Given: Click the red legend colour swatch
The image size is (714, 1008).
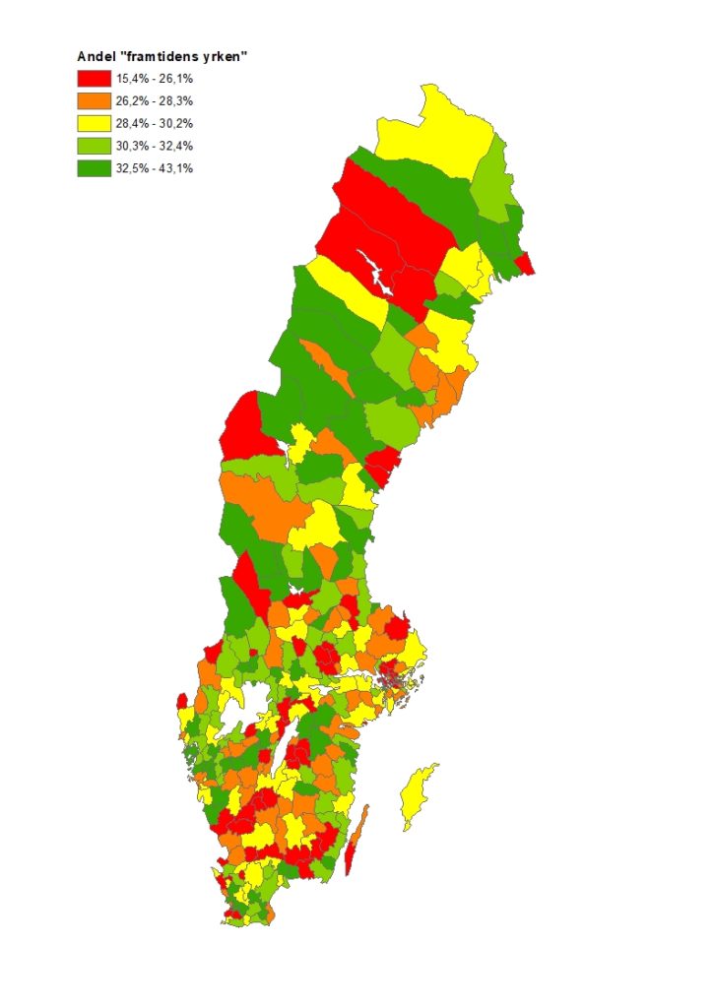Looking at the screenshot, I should [94, 79].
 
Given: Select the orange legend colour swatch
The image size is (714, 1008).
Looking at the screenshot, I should [94, 100].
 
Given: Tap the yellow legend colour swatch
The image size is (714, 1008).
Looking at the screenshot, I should [94, 123].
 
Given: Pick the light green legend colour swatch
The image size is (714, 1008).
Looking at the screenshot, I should [94, 146].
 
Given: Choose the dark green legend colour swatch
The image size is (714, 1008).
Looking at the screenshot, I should [94, 168].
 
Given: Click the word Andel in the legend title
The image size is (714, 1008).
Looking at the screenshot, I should [96, 56].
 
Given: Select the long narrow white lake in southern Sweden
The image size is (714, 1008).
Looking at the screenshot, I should [292, 753].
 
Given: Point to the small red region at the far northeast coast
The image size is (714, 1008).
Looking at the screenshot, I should [524, 264].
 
